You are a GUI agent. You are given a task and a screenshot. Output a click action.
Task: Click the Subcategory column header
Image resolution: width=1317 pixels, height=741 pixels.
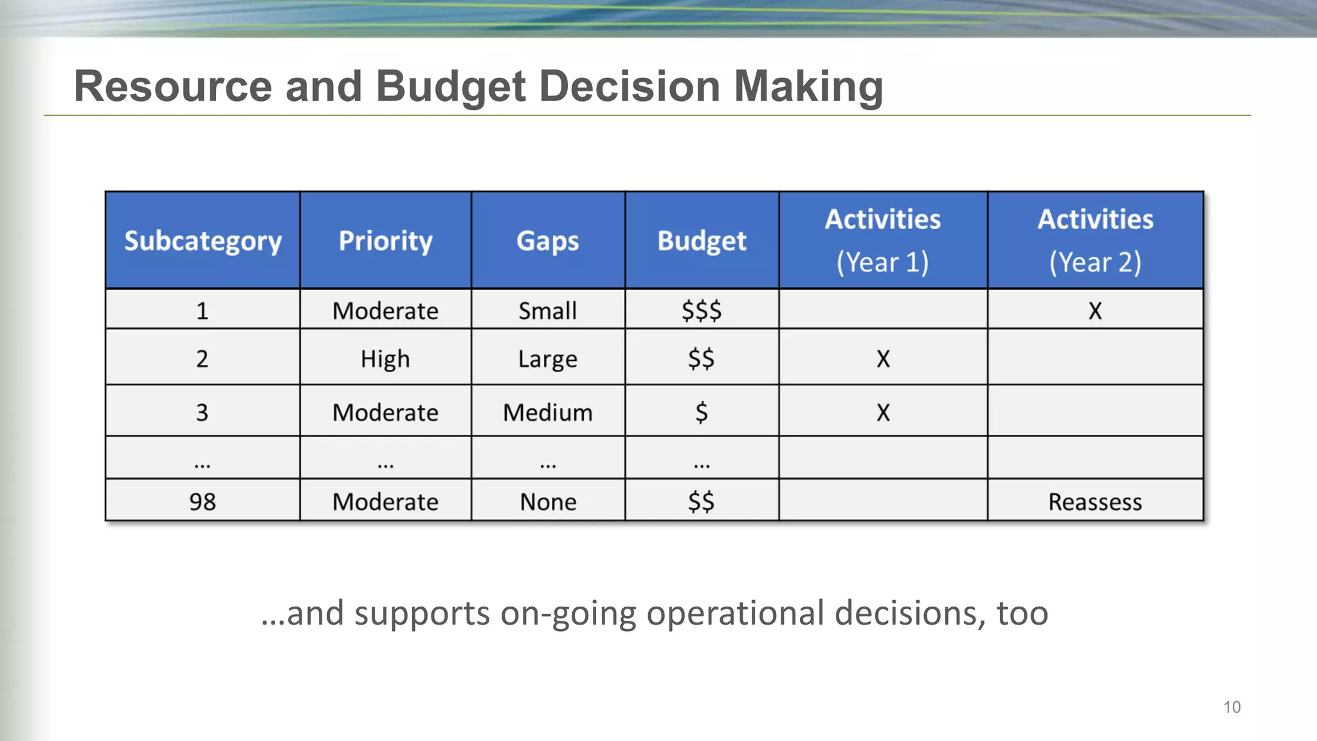tap(203, 241)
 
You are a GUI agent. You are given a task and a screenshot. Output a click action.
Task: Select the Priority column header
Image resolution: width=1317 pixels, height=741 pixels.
tap(385, 241)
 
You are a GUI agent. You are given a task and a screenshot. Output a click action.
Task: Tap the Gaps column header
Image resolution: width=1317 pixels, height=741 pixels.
tap(548, 241)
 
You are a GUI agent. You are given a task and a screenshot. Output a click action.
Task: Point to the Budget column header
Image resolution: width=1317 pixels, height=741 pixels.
tap(702, 241)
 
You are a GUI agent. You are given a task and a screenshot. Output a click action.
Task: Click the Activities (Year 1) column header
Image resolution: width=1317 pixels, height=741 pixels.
tap(883, 241)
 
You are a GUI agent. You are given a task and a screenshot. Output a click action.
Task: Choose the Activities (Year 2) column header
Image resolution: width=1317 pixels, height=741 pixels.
tap(1095, 241)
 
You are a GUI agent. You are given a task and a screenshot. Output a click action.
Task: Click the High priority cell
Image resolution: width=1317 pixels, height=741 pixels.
tap(385, 358)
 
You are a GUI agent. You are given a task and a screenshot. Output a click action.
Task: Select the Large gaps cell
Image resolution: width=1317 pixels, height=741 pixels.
tap(548, 358)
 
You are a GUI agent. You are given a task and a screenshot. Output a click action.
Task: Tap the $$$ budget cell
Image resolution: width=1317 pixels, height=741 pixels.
tap(702, 311)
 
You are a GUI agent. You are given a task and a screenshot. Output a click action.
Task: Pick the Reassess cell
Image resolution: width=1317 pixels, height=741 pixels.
tap(1095, 502)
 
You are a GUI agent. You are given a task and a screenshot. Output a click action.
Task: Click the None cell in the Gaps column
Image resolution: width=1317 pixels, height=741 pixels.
tap(548, 502)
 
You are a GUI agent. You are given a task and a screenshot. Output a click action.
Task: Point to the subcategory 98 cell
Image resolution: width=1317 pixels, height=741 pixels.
tap(203, 502)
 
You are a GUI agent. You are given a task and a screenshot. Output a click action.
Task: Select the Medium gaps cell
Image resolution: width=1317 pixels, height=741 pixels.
tap(548, 412)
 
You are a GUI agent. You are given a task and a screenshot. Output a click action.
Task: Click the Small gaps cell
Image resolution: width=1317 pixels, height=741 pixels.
tap(548, 311)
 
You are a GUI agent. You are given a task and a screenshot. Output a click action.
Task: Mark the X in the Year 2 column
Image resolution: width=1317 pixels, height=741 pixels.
tap(1095, 311)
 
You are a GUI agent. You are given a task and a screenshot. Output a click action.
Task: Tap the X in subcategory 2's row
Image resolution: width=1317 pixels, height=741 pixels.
tap(883, 359)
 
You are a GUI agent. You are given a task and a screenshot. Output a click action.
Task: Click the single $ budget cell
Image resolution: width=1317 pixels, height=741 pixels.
tap(702, 412)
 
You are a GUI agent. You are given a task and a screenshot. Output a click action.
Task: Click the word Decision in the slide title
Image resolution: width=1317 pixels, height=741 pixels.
tap(630, 86)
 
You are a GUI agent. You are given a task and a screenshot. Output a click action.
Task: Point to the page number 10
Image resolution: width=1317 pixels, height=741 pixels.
tap(1231, 708)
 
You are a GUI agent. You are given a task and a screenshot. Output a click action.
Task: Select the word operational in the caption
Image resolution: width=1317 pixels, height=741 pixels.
tap(735, 613)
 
